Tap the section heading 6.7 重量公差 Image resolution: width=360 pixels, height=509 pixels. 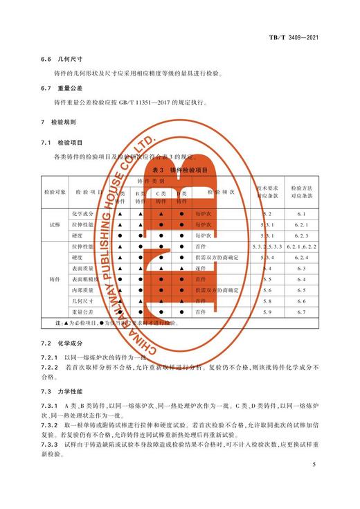pyautogui.click(x=61, y=89)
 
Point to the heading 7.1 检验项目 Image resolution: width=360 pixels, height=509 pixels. pyautogui.click(x=61, y=142)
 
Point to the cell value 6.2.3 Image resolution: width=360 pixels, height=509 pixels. pyautogui.click(x=301, y=236)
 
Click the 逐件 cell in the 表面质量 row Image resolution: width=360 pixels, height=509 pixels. pyautogui.click(x=201, y=268)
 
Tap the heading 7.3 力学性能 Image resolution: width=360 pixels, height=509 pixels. pyautogui.click(x=61, y=391)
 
